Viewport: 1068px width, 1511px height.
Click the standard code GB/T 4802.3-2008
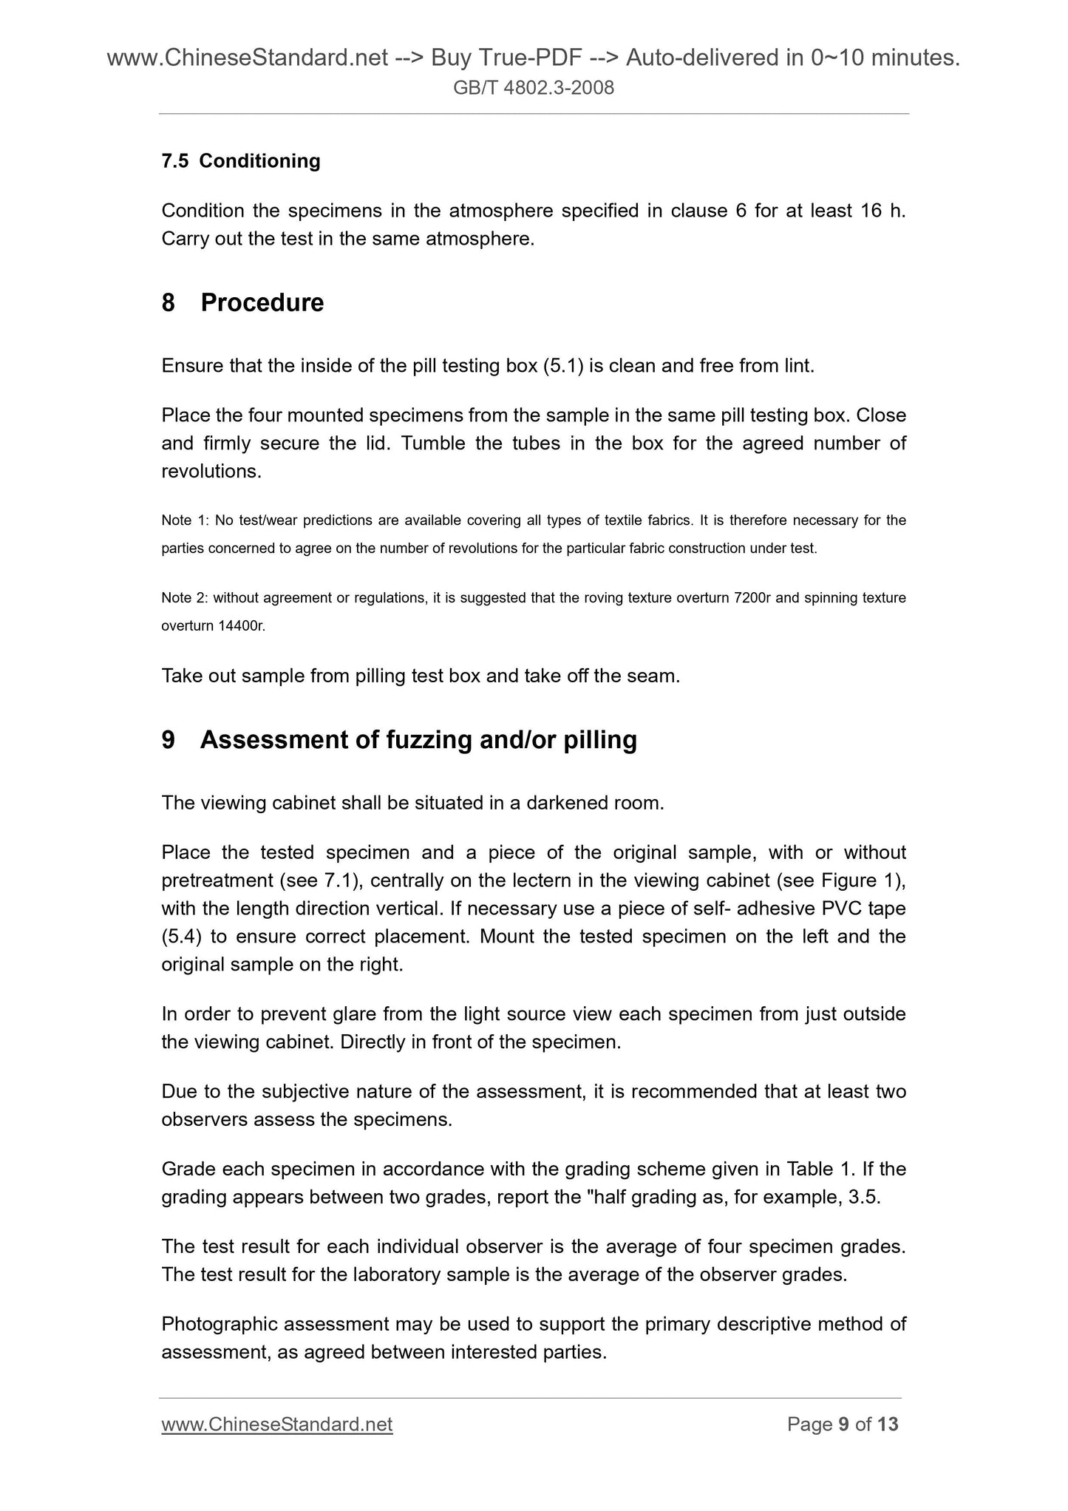534,89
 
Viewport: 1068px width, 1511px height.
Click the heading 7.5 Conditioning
241,161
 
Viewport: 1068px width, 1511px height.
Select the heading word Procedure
262,303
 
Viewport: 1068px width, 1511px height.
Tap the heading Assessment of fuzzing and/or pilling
418,740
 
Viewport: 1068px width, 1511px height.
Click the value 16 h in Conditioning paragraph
882,211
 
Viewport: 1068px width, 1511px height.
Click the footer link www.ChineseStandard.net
276,1425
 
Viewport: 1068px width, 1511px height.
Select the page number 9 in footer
843,1425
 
